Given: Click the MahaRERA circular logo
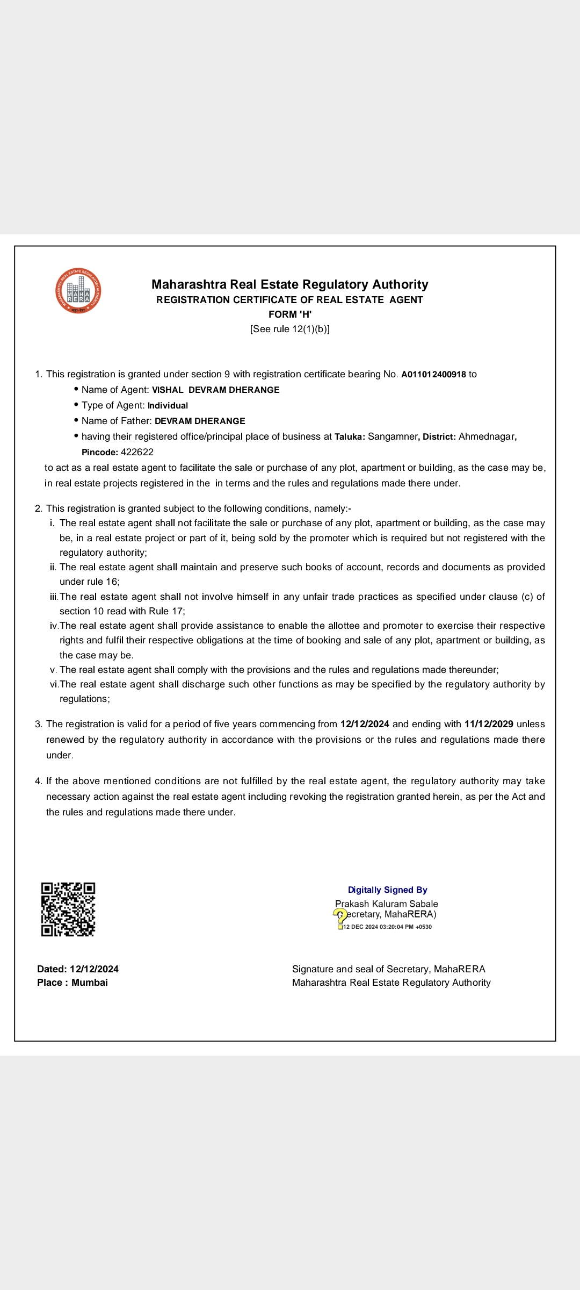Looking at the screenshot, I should tap(78, 291).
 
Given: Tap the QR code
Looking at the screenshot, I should tap(68, 909).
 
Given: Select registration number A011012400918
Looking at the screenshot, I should tap(433, 375).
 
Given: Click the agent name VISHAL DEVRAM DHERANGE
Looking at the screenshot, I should tap(215, 390).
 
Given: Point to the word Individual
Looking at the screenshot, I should tap(168, 406).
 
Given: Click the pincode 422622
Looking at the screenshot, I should tap(137, 453).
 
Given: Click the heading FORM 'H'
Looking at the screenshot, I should tap(290, 314).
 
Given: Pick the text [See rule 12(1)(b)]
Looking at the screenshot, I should tap(290, 329).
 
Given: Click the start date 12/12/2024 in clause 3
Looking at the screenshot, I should tap(365, 725).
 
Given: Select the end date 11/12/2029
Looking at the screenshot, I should tap(489, 725).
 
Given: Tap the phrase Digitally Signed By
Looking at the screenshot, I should tap(387, 890).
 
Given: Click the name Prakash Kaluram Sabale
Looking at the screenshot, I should tap(387, 904).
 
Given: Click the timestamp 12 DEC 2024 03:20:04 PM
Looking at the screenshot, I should tap(387, 927).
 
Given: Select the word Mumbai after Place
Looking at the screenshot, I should tap(90, 983).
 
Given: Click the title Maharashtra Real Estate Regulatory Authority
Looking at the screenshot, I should tap(290, 284).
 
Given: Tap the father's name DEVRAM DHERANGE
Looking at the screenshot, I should tap(200, 421).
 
